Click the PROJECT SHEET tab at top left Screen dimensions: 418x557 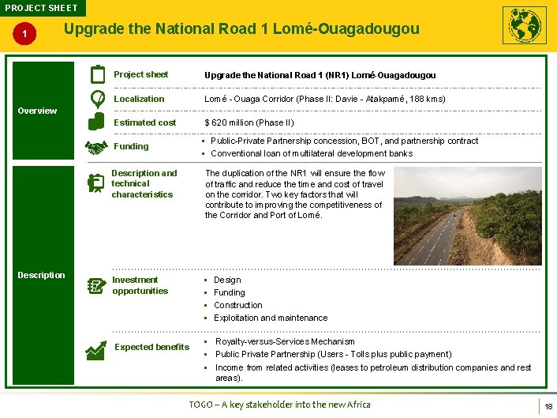(x=41, y=8)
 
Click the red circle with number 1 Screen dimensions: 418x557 (x=26, y=34)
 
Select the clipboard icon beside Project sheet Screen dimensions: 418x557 (x=98, y=74)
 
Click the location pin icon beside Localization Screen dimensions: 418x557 (x=97, y=99)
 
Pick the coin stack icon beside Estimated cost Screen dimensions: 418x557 (x=96, y=122)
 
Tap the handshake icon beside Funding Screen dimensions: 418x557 (x=96, y=147)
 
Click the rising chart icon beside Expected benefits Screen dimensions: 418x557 (x=97, y=348)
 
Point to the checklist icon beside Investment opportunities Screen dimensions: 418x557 (x=96, y=285)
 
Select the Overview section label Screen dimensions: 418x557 (x=37, y=111)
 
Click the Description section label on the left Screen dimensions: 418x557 (x=41, y=275)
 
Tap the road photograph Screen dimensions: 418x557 (x=467, y=216)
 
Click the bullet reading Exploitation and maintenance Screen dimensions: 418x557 (x=270, y=318)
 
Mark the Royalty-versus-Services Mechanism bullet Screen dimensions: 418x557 (x=284, y=341)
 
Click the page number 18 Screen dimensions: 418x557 (x=548, y=406)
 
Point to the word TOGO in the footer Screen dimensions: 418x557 (x=201, y=405)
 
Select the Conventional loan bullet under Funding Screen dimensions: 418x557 (x=311, y=153)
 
